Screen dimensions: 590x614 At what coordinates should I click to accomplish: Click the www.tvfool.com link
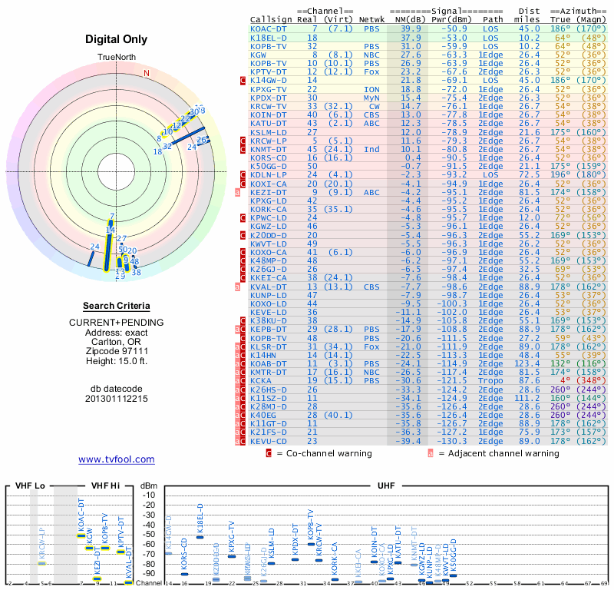tap(116, 459)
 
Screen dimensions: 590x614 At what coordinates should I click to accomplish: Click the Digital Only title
tap(116, 39)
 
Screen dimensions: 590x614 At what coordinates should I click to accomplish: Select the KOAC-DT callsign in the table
tap(269, 28)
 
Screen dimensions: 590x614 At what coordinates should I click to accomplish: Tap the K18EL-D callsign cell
tap(269, 37)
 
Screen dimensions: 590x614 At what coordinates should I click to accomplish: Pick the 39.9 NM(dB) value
tap(405, 28)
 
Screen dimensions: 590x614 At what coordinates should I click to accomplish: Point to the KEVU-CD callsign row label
tap(269, 441)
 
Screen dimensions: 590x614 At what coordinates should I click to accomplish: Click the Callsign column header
tap(272, 19)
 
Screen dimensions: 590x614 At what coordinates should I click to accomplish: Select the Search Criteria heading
tap(116, 306)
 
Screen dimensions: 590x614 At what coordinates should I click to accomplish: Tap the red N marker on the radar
tap(146, 73)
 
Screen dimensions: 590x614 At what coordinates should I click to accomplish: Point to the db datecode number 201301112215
tap(116, 399)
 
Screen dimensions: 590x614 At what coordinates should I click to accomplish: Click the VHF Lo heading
tap(28, 486)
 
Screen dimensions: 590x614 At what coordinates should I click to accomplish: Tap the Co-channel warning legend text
tap(324, 453)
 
